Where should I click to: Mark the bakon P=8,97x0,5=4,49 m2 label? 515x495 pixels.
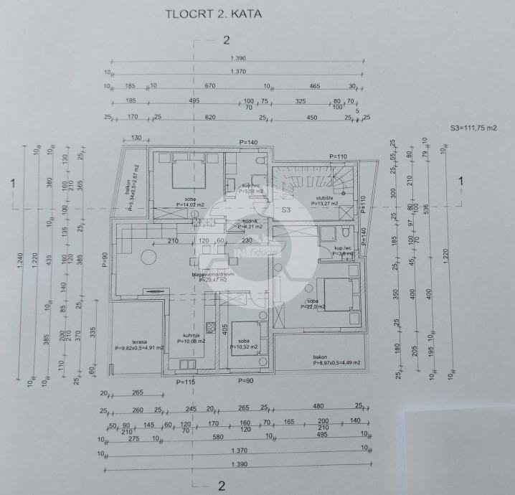pyautogui.click(x=336, y=359)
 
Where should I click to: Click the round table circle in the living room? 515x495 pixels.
pyautogui.click(x=150, y=256)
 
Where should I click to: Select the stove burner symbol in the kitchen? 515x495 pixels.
pyautogui.click(x=212, y=328)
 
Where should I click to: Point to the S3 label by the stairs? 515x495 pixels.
pyautogui.click(x=285, y=210)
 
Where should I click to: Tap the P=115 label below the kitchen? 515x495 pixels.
pyautogui.click(x=186, y=382)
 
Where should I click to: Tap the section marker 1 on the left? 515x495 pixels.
pyautogui.click(x=13, y=183)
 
